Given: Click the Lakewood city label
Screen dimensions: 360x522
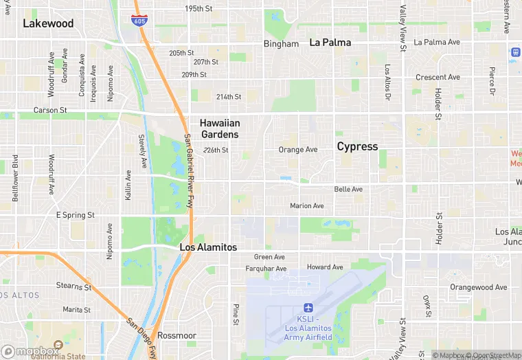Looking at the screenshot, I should click(48, 23).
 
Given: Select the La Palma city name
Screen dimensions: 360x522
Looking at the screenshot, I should click(330, 43).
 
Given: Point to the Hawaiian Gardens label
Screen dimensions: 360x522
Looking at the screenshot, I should click(220, 128).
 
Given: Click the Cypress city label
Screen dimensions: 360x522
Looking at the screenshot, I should click(357, 146).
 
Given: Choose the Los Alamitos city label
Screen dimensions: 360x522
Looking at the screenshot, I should click(208, 247).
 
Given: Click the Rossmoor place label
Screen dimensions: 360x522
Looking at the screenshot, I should click(177, 335).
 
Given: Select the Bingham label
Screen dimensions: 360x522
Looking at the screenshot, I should click(282, 44).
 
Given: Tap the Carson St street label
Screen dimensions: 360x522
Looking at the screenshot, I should click(51, 110).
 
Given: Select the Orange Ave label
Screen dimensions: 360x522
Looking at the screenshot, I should click(298, 150).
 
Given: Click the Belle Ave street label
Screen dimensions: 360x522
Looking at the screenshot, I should click(348, 189).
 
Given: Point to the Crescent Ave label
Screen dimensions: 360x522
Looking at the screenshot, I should click(438, 78).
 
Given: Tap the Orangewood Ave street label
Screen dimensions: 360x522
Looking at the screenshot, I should click(478, 287).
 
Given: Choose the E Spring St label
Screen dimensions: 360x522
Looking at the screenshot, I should click(76, 215).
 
